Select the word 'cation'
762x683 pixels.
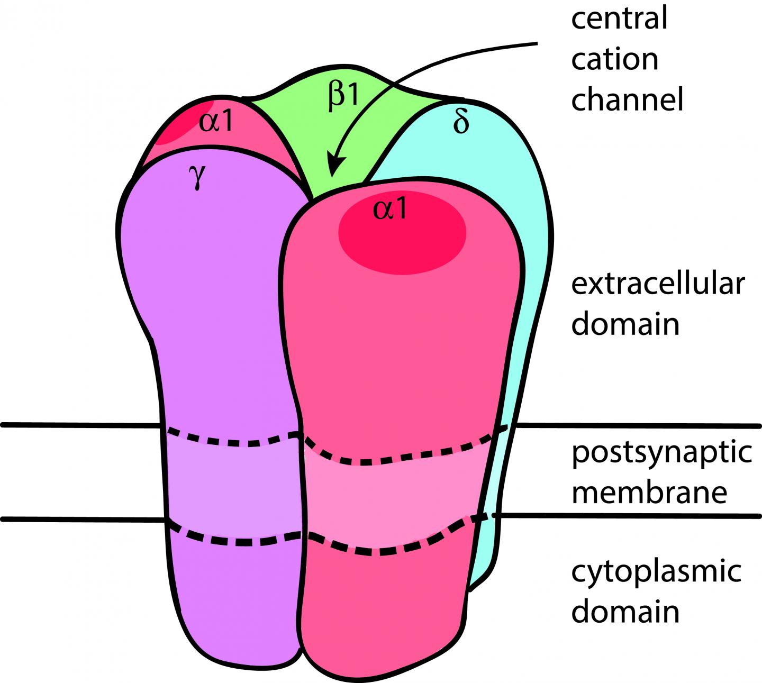(614, 59)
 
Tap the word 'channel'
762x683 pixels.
(627, 99)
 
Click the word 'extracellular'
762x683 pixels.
(658, 284)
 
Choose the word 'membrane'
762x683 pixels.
(649, 492)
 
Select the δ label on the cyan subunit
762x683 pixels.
(461, 123)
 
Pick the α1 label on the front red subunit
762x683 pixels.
(391, 209)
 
